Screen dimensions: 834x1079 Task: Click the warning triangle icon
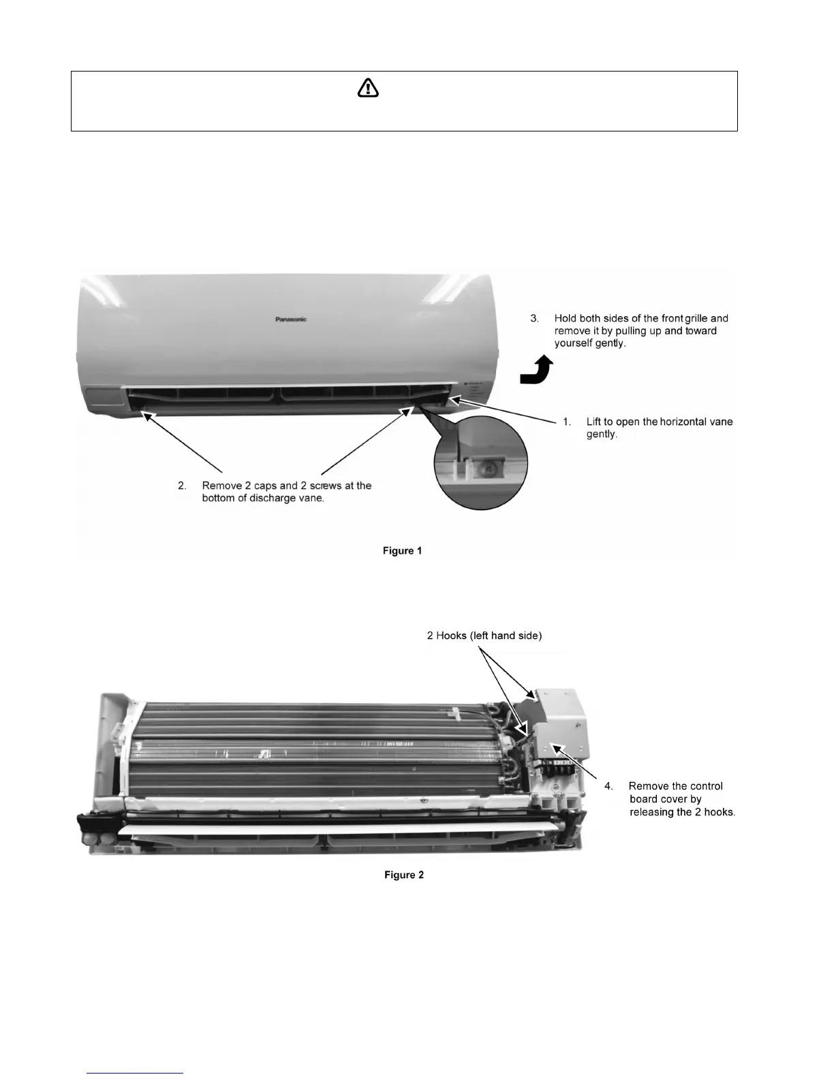(x=368, y=88)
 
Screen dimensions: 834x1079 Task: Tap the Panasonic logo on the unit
(x=291, y=319)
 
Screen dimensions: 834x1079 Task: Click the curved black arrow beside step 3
(x=537, y=371)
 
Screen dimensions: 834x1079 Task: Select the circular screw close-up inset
(x=481, y=463)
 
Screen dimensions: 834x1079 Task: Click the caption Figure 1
(x=402, y=550)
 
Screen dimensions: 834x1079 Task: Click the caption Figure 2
(x=403, y=875)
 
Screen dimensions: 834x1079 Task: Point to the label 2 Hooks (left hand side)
(x=484, y=636)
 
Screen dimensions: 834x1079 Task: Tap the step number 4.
(x=609, y=786)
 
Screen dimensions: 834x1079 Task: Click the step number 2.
(x=182, y=486)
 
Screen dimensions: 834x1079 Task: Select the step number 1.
(x=567, y=422)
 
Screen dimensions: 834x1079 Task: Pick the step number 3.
(x=535, y=318)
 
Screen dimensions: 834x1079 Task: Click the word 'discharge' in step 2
(x=268, y=498)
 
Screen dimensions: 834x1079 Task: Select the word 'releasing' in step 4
(x=652, y=812)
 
